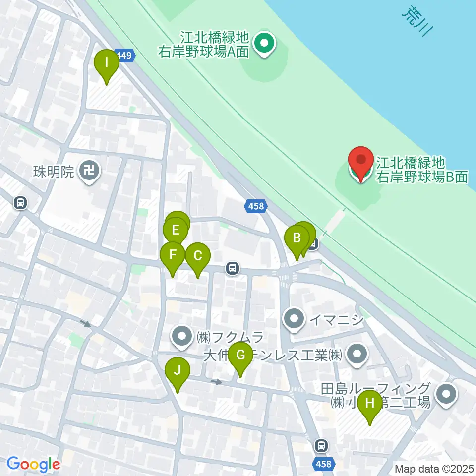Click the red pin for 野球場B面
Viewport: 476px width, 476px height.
[x=361, y=162]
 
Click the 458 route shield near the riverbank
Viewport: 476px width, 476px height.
[x=256, y=205]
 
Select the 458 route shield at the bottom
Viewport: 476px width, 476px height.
[x=323, y=464]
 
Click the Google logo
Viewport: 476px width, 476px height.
[x=33, y=464]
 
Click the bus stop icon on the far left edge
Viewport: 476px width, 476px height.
[x=20, y=202]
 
